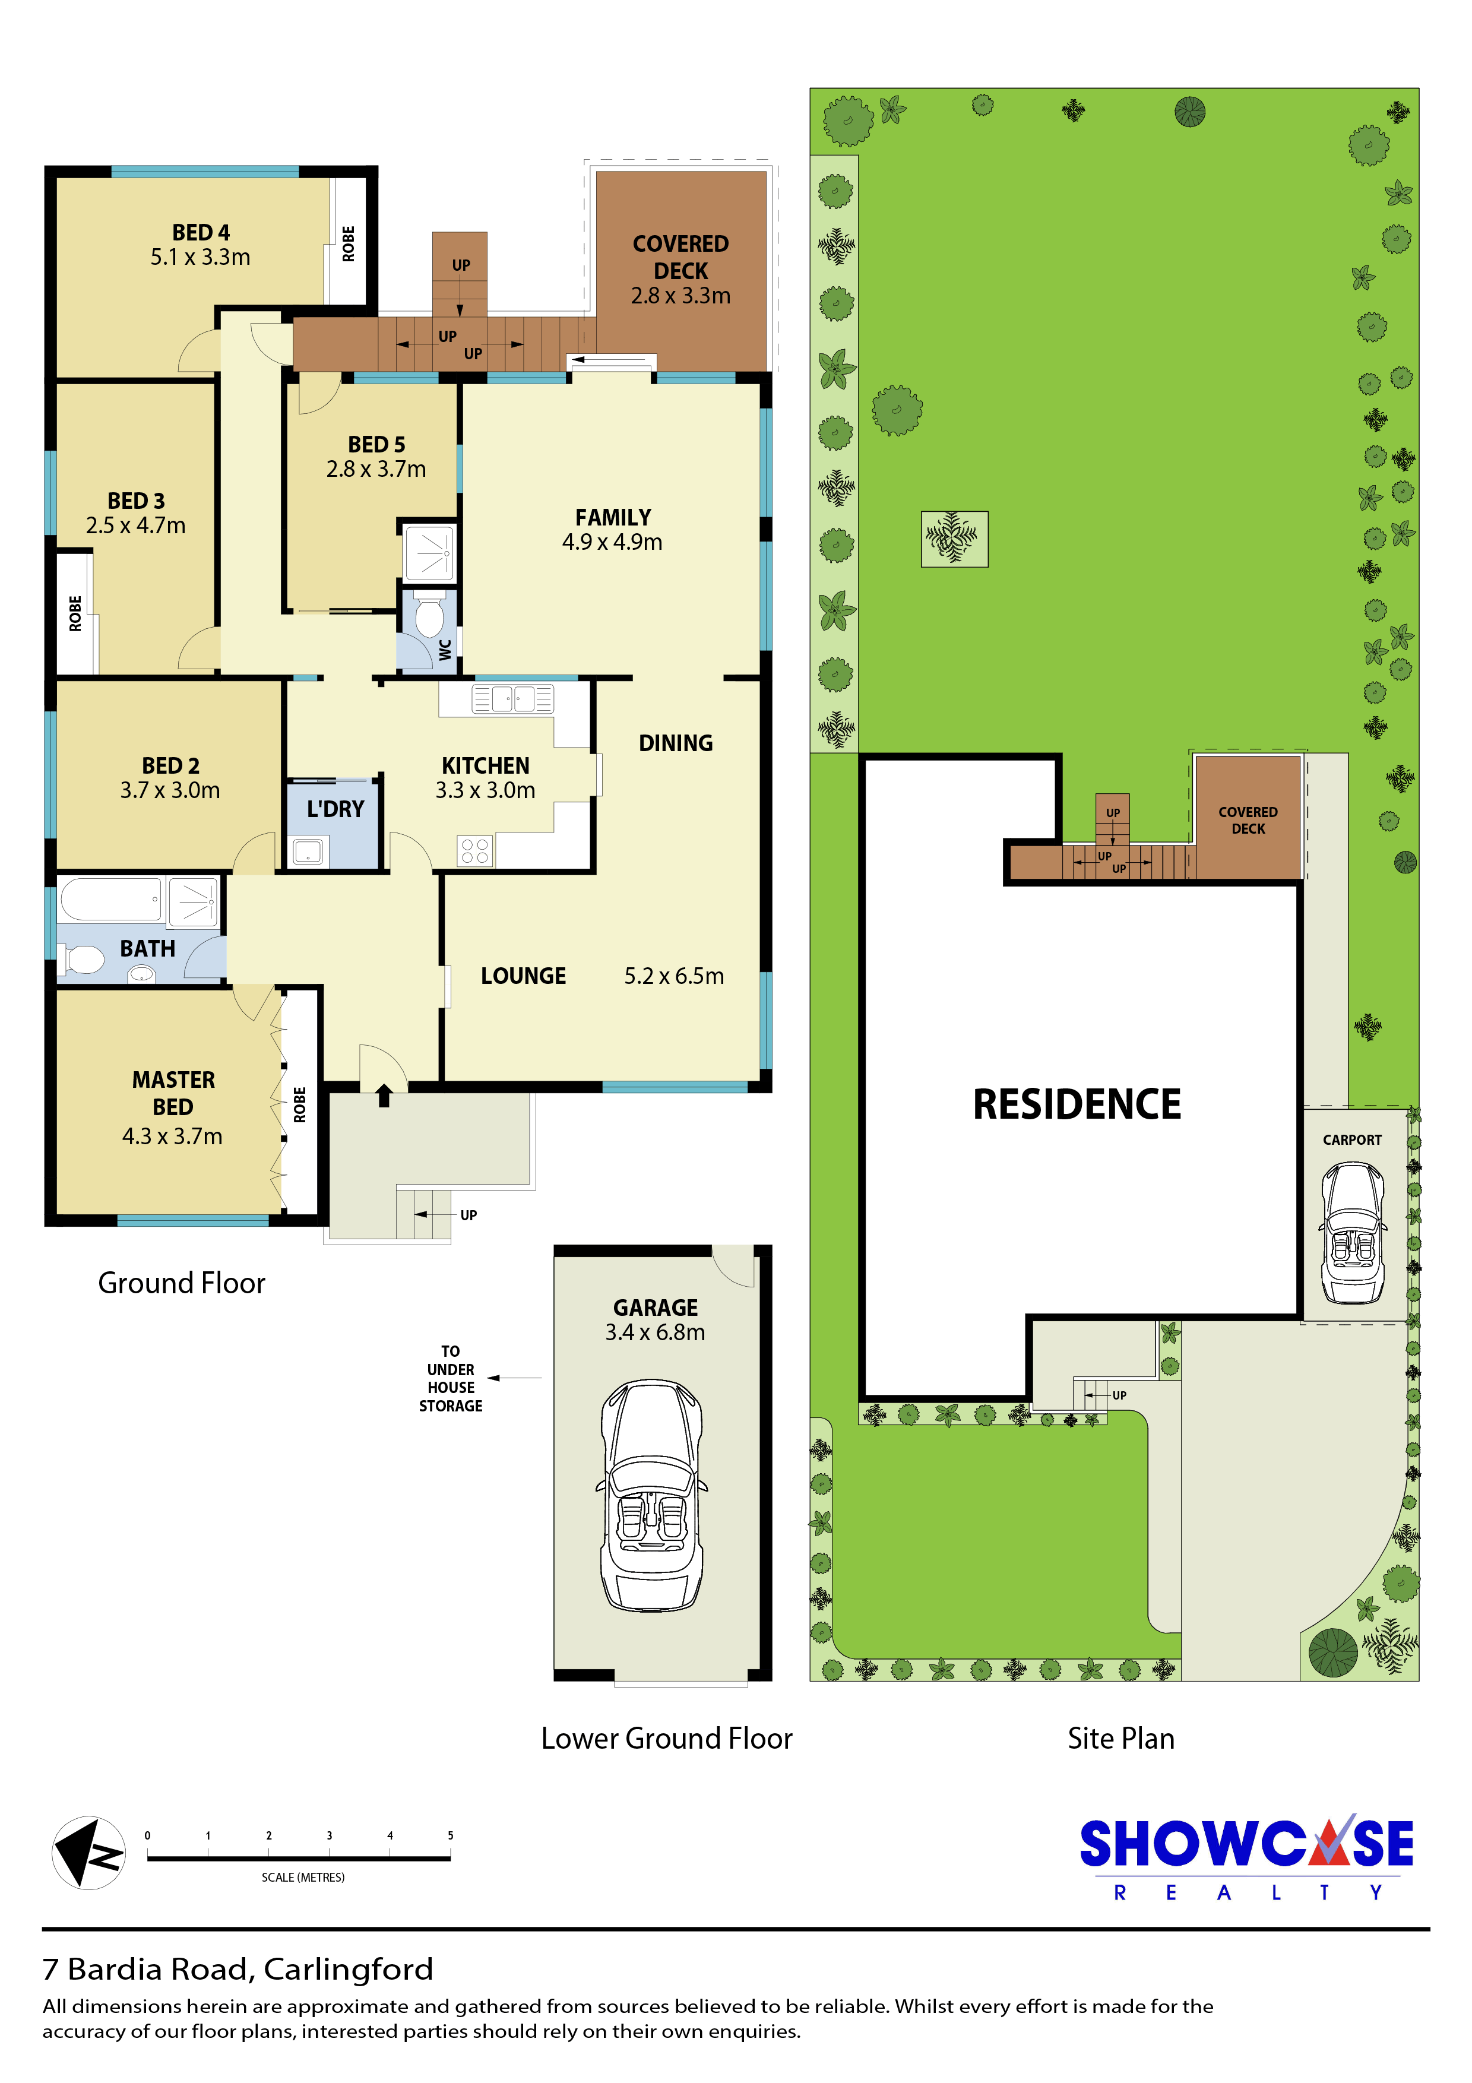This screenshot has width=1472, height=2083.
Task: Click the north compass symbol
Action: pyautogui.click(x=88, y=1853)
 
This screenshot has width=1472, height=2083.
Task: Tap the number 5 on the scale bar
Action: pyautogui.click(x=450, y=1835)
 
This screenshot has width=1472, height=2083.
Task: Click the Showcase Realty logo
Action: pyautogui.click(x=1246, y=1857)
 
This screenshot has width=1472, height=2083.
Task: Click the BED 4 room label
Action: pyautogui.click(x=201, y=232)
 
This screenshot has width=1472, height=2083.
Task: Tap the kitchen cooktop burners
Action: pyautogui.click(x=474, y=851)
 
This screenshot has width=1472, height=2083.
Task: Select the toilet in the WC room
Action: pyautogui.click(x=429, y=617)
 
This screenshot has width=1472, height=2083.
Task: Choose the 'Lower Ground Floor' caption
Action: pyautogui.click(x=667, y=1737)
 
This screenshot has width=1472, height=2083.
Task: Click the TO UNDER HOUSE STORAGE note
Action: pyautogui.click(x=451, y=1378)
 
